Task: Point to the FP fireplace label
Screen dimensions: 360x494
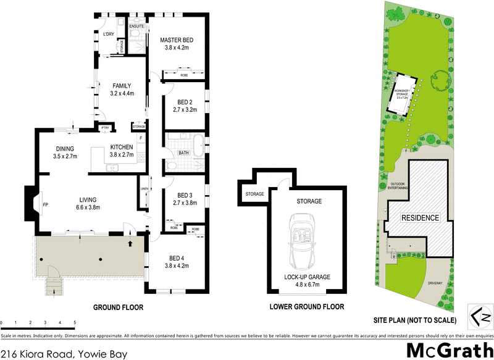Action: click(45, 203)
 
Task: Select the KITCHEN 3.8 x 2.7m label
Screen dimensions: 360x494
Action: click(122, 151)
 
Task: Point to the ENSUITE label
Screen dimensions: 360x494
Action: click(136, 27)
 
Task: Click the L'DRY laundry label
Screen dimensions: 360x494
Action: click(109, 34)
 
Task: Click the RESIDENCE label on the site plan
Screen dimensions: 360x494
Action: click(421, 218)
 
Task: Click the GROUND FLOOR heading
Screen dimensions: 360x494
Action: click(118, 307)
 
